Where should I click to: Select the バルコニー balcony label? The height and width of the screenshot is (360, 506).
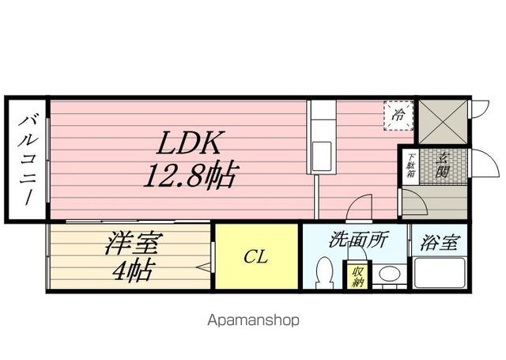(28, 159)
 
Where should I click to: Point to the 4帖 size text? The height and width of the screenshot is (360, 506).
(131, 271)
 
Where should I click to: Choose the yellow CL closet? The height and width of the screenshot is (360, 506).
(256, 257)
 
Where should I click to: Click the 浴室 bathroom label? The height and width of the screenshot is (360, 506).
(438, 243)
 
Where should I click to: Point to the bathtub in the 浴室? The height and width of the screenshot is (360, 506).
(440, 273)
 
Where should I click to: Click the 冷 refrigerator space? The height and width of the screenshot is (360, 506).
(399, 115)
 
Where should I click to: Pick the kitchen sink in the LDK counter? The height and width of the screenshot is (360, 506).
(323, 151)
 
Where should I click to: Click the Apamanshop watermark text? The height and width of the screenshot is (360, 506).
(253, 320)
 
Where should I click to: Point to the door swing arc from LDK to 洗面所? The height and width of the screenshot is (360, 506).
(357, 207)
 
